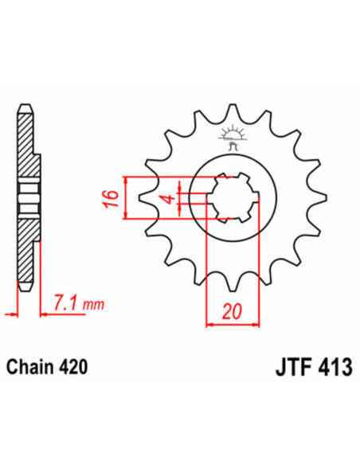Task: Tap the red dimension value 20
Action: pos(232,311)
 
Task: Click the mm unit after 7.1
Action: pos(94,305)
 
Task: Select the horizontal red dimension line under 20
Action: pos(233,323)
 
